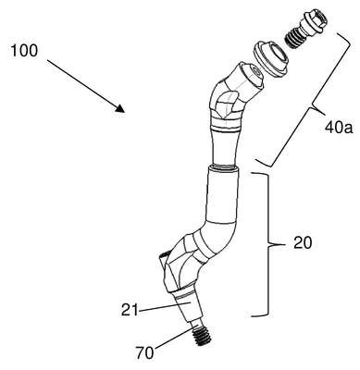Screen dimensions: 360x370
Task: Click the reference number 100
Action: pos(24,50)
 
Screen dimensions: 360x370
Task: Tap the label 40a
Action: pos(339,128)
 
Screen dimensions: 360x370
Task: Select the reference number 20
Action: pos(303,243)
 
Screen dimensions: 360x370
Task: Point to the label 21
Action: pos(129,310)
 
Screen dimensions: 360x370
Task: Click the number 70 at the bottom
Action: pos(144,353)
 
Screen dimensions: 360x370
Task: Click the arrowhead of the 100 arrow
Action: pos(119,108)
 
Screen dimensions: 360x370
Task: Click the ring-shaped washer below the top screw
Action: pos(271,58)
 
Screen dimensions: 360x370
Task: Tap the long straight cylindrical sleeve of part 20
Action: pos(222,193)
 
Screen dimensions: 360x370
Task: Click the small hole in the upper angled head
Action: pos(255,72)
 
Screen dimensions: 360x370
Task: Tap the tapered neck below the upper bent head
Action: pos(225,146)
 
